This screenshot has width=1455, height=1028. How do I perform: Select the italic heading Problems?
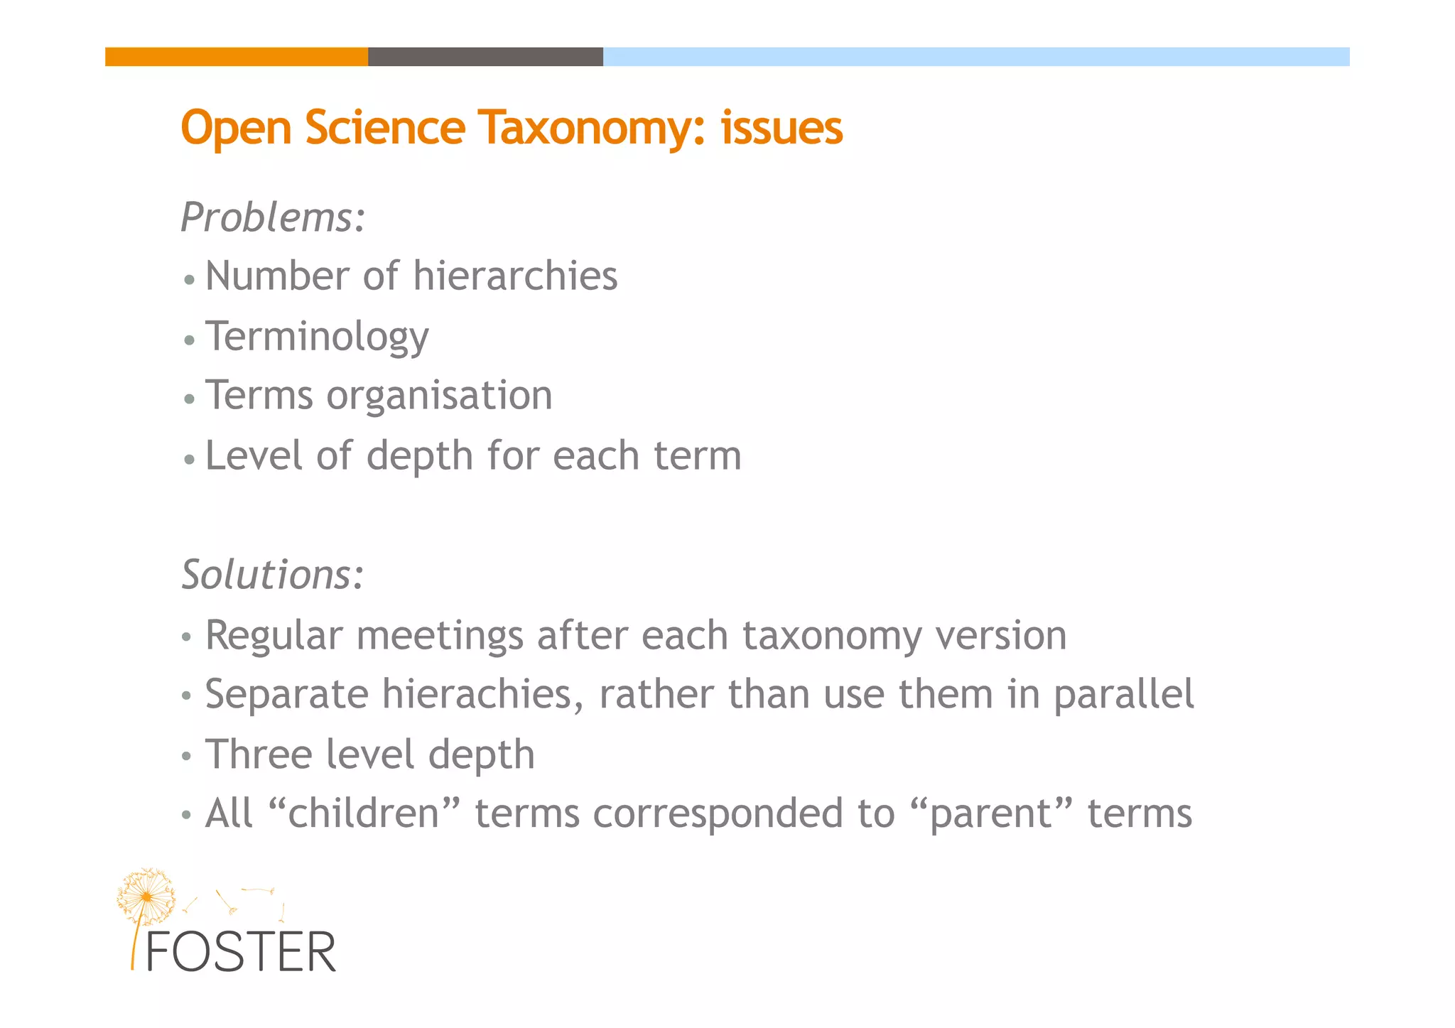(274, 217)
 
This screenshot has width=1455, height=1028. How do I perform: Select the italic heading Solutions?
(273, 575)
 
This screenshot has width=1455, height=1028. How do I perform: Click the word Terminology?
(317, 337)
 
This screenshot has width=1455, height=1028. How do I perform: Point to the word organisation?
(439, 396)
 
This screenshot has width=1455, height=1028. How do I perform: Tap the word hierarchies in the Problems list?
(515, 276)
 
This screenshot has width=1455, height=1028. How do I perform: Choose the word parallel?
(1123, 695)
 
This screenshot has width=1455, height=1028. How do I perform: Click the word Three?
(259, 754)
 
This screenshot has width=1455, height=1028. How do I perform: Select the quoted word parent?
(990, 814)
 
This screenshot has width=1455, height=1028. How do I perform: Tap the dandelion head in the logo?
(146, 897)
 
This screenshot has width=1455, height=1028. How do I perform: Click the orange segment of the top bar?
(237, 57)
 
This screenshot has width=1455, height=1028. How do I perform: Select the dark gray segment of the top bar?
(485, 57)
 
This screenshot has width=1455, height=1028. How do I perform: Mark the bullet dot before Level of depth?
(189, 460)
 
